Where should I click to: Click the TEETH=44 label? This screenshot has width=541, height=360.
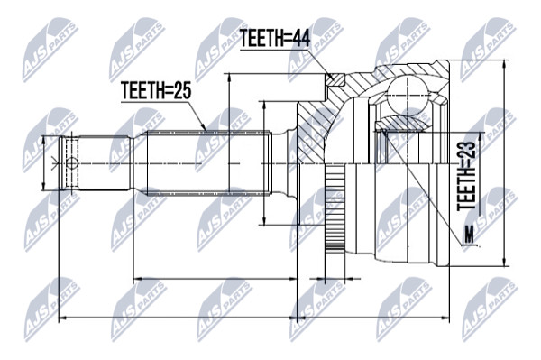(275, 38)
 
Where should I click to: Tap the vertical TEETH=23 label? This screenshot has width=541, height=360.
(466, 176)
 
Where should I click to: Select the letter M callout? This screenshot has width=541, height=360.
(469, 235)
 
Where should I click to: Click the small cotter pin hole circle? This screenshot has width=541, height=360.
(72, 163)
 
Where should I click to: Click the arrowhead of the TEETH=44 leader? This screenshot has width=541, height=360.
(331, 77)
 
